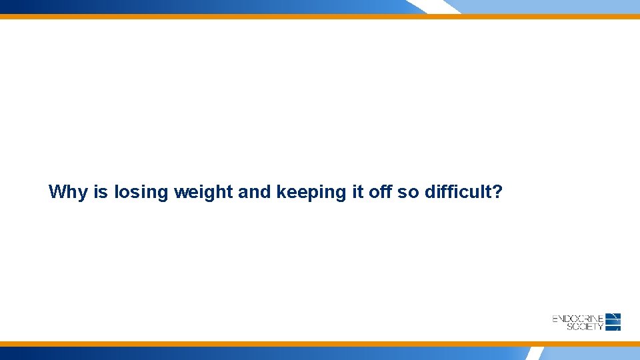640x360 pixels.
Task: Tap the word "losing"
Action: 141,192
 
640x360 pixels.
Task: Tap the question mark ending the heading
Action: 497,192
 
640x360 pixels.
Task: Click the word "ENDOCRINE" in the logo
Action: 578,319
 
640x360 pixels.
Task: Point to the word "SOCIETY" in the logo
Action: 585,327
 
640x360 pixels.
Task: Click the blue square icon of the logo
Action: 613,322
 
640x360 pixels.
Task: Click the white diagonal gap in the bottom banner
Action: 535,353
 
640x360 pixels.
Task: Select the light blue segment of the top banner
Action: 547,6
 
